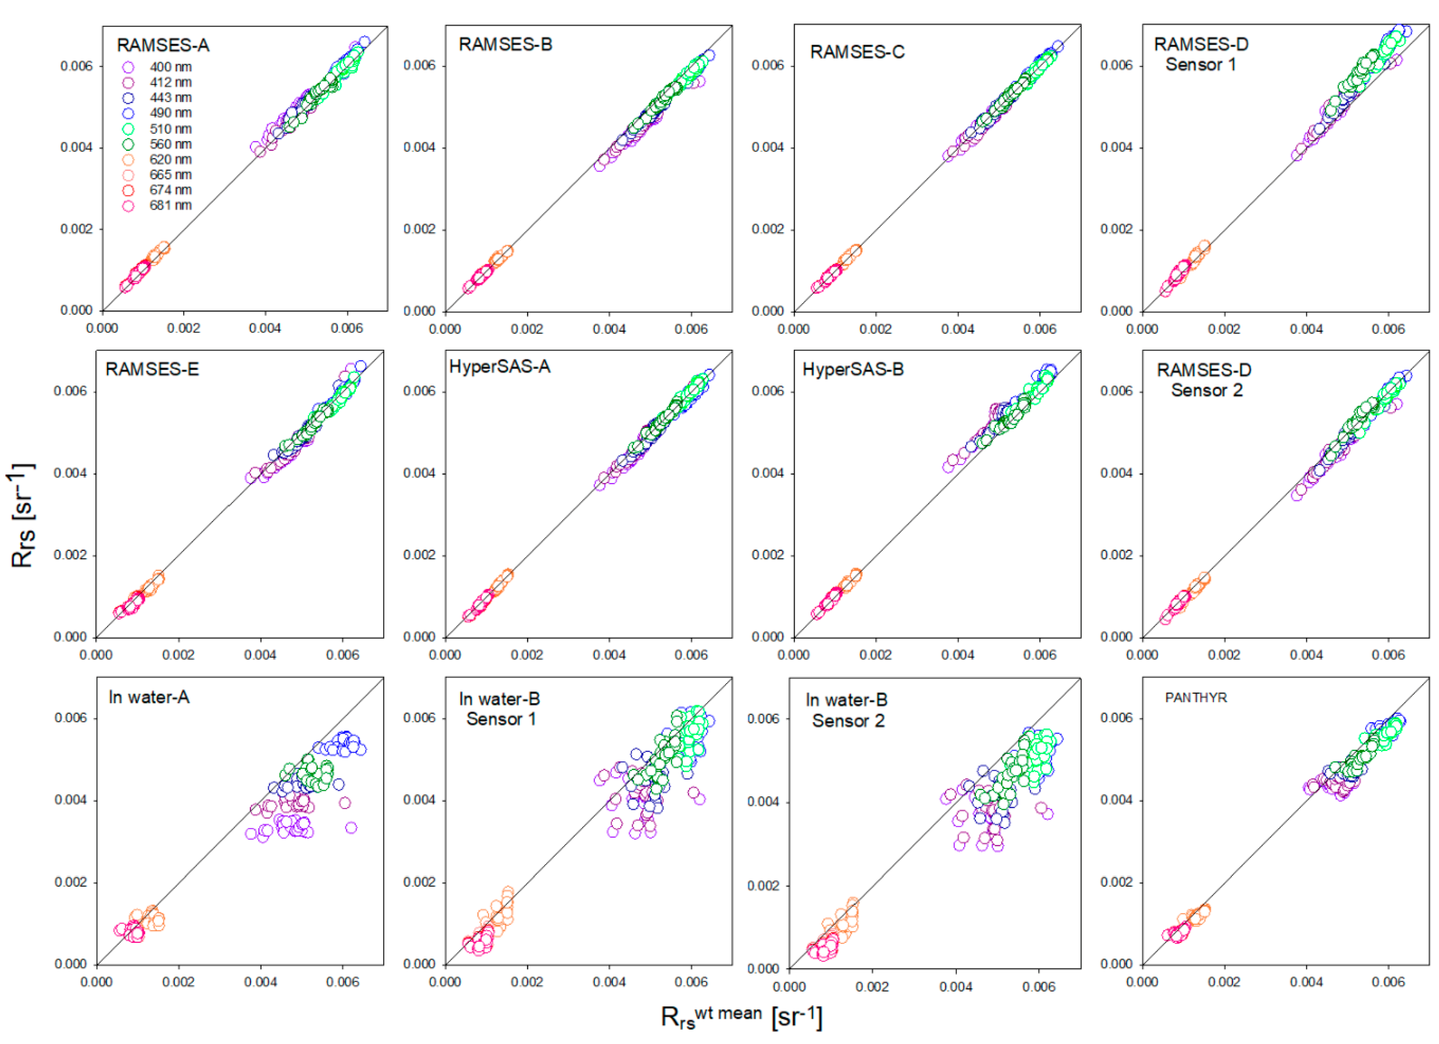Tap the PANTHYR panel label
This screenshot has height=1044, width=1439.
coord(1195,698)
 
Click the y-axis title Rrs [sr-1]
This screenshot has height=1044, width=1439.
coord(23,515)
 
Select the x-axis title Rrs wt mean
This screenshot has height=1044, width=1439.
coord(741,1017)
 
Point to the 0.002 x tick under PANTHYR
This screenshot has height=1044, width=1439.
coord(1223,982)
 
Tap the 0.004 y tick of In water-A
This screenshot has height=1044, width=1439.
coord(71,801)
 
